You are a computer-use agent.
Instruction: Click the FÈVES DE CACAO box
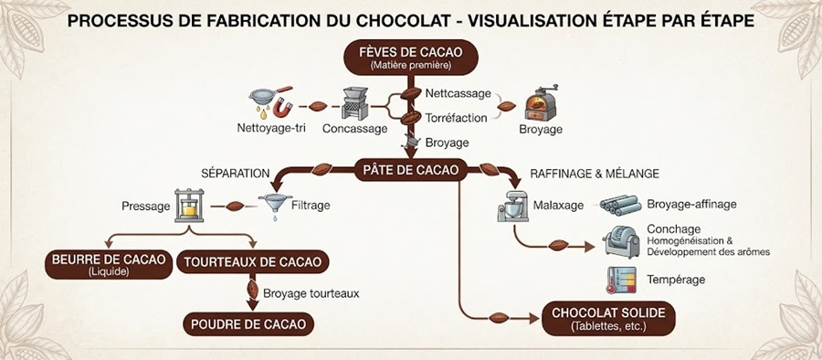pos(410,58)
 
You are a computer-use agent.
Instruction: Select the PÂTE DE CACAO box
pos(410,170)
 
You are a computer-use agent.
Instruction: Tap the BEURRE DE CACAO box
pos(109,264)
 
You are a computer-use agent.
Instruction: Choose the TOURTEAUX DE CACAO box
pos(253,262)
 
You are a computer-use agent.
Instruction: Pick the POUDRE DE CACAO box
pos(248,323)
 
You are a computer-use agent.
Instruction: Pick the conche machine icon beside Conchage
pos(621,242)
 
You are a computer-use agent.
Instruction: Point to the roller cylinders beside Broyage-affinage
pos(620,206)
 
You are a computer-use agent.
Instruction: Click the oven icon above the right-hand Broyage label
pos(542,103)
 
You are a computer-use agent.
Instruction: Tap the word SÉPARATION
pos(236,174)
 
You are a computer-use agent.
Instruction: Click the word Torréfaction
pos(456,118)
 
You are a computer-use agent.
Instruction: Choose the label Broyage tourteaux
pos(311,293)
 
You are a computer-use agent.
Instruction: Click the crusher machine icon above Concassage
pos(355,103)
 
